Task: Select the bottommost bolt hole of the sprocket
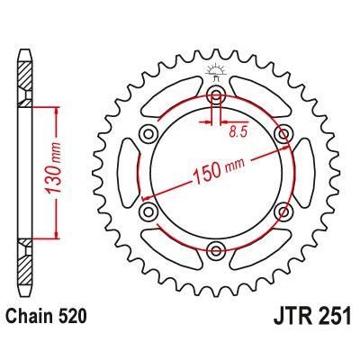pyautogui.click(x=216, y=251)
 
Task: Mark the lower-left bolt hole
pyautogui.click(x=148, y=211)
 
